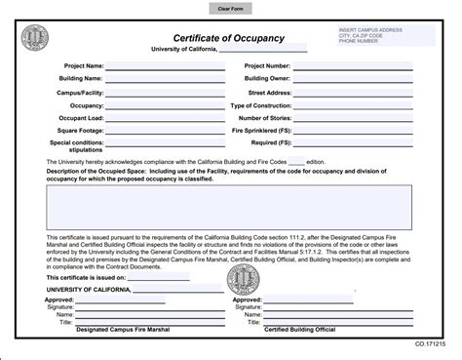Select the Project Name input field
pos(163,66)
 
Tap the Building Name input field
pos(163,79)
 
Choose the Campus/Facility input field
pos(163,92)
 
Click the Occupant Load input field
pos(163,117)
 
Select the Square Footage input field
pos(163,130)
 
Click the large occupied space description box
pos(231,206)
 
